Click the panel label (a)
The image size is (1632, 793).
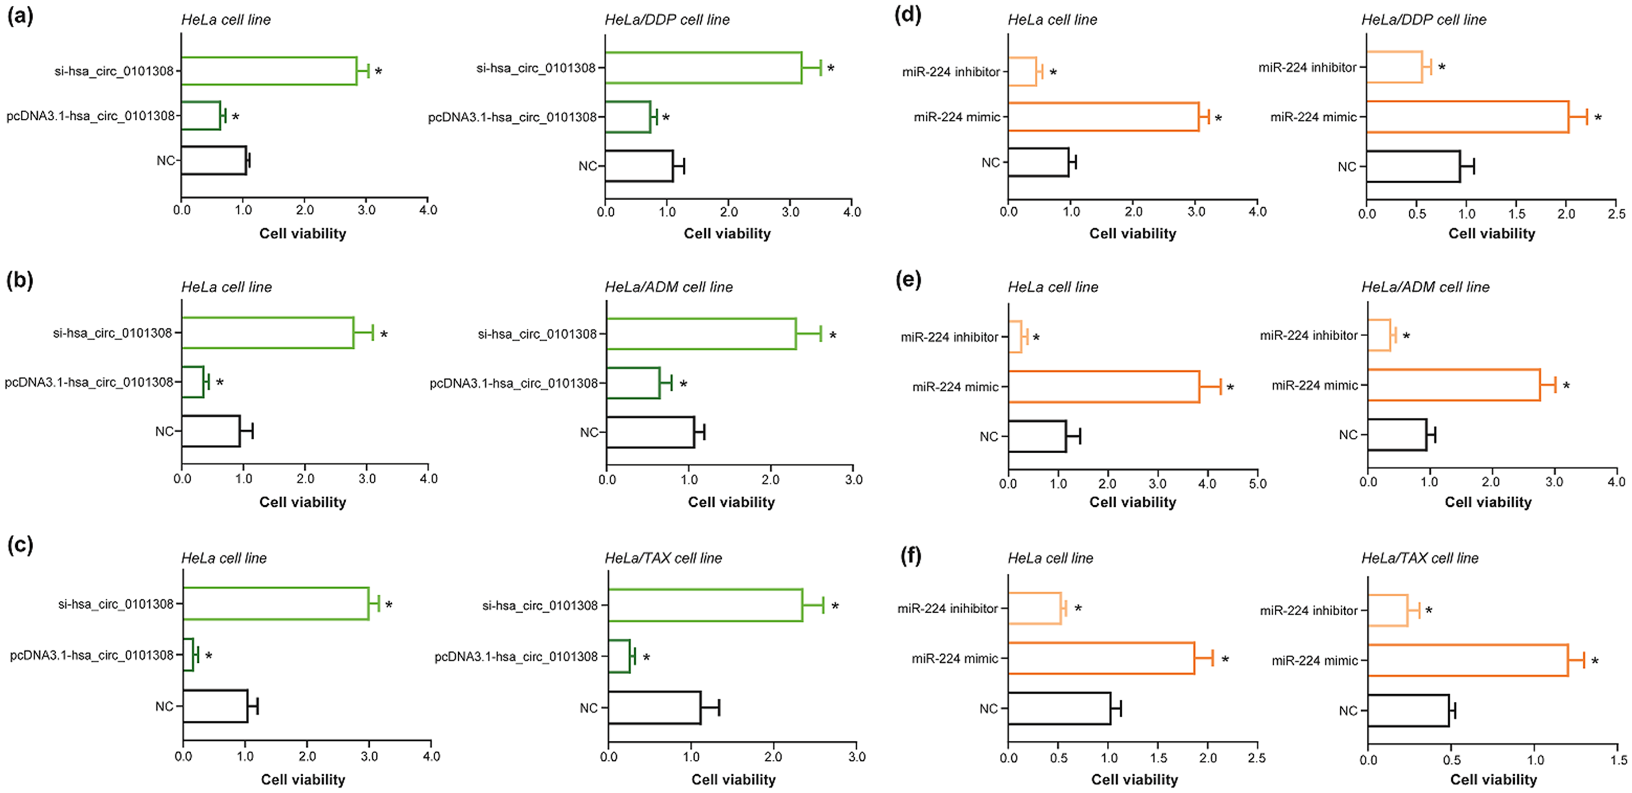coord(20,16)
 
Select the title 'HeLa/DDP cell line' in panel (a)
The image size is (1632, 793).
coord(667,19)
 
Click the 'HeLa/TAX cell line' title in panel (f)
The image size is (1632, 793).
coord(1420,558)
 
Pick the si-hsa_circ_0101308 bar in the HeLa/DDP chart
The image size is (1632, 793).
coord(703,67)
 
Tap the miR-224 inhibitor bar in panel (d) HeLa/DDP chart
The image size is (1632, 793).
coord(1394,66)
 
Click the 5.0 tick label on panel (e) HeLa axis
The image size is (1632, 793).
coord(1257,484)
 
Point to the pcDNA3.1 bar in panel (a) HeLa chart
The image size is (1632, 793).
coord(201,115)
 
